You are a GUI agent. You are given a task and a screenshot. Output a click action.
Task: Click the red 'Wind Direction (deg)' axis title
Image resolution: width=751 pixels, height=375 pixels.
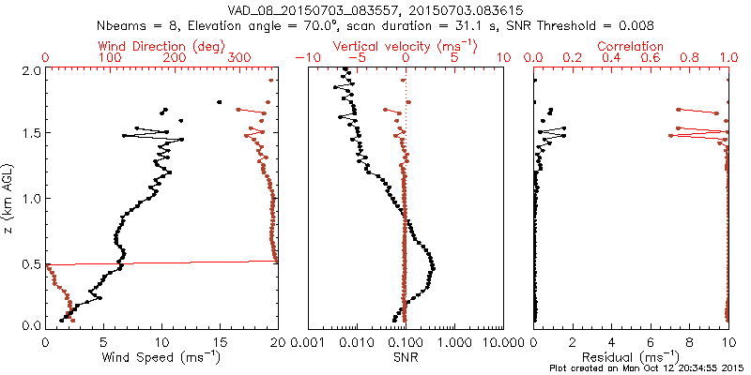point(161,45)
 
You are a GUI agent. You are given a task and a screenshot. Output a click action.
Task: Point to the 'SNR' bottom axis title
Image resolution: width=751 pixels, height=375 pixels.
point(406,356)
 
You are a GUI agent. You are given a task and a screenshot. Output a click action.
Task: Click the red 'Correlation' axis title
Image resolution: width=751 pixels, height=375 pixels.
point(631,45)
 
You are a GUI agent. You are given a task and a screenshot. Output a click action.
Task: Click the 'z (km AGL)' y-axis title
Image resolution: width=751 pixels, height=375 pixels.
point(10,198)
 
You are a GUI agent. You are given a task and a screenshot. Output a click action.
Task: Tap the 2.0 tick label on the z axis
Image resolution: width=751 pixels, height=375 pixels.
point(31,70)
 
